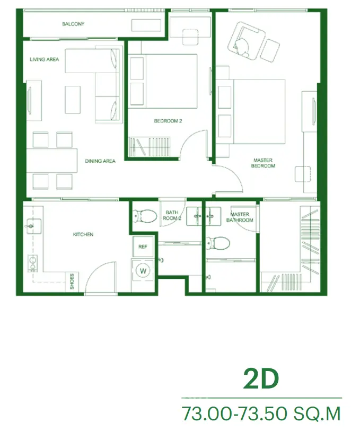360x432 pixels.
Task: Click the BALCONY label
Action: coord(73,24)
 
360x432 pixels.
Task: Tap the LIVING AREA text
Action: coord(45,59)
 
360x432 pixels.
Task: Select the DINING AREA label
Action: coord(100,161)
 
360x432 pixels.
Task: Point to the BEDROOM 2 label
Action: coord(168,121)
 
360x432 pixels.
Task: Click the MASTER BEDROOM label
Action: coord(263,163)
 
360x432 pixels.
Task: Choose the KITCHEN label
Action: coord(83,234)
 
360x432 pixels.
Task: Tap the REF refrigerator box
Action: coord(143,246)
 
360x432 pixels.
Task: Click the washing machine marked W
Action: coord(143,271)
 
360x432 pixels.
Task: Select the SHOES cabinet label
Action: coord(72,281)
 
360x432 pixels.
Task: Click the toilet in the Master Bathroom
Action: coord(218,243)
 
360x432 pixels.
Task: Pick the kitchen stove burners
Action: coord(32,263)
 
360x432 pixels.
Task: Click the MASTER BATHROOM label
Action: coord(240,217)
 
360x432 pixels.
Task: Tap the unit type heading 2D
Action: coord(261,380)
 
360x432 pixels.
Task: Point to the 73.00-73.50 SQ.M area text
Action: coord(261,413)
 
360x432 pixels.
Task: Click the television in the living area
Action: coord(30,100)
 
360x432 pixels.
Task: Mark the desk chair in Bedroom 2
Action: coord(190,37)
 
